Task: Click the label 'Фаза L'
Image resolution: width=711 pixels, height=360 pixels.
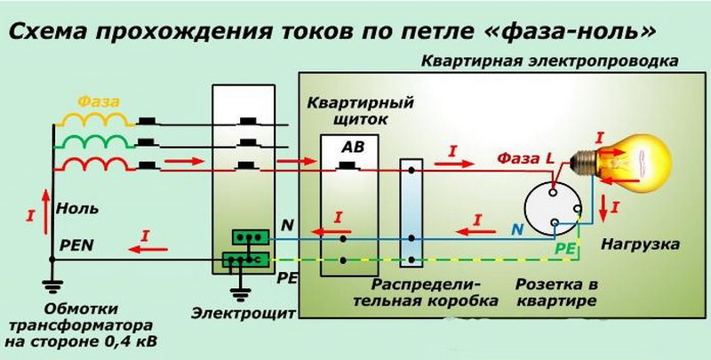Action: (x=525, y=159)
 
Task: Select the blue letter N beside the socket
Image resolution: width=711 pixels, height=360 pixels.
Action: (x=517, y=229)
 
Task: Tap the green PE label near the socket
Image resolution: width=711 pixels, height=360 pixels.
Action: (x=565, y=249)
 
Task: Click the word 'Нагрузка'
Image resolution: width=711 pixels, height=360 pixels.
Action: (x=640, y=244)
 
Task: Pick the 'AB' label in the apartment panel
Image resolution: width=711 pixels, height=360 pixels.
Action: (x=352, y=147)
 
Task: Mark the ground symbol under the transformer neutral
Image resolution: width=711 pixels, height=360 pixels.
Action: (x=52, y=285)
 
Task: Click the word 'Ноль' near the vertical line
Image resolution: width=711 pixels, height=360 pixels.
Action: (x=77, y=209)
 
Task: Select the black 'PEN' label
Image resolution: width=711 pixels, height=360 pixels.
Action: (x=76, y=245)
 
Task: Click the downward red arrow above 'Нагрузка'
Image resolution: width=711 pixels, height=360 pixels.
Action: (x=603, y=207)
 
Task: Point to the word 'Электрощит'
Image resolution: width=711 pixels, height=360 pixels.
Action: (x=243, y=313)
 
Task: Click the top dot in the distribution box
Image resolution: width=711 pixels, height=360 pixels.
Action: (x=411, y=171)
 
